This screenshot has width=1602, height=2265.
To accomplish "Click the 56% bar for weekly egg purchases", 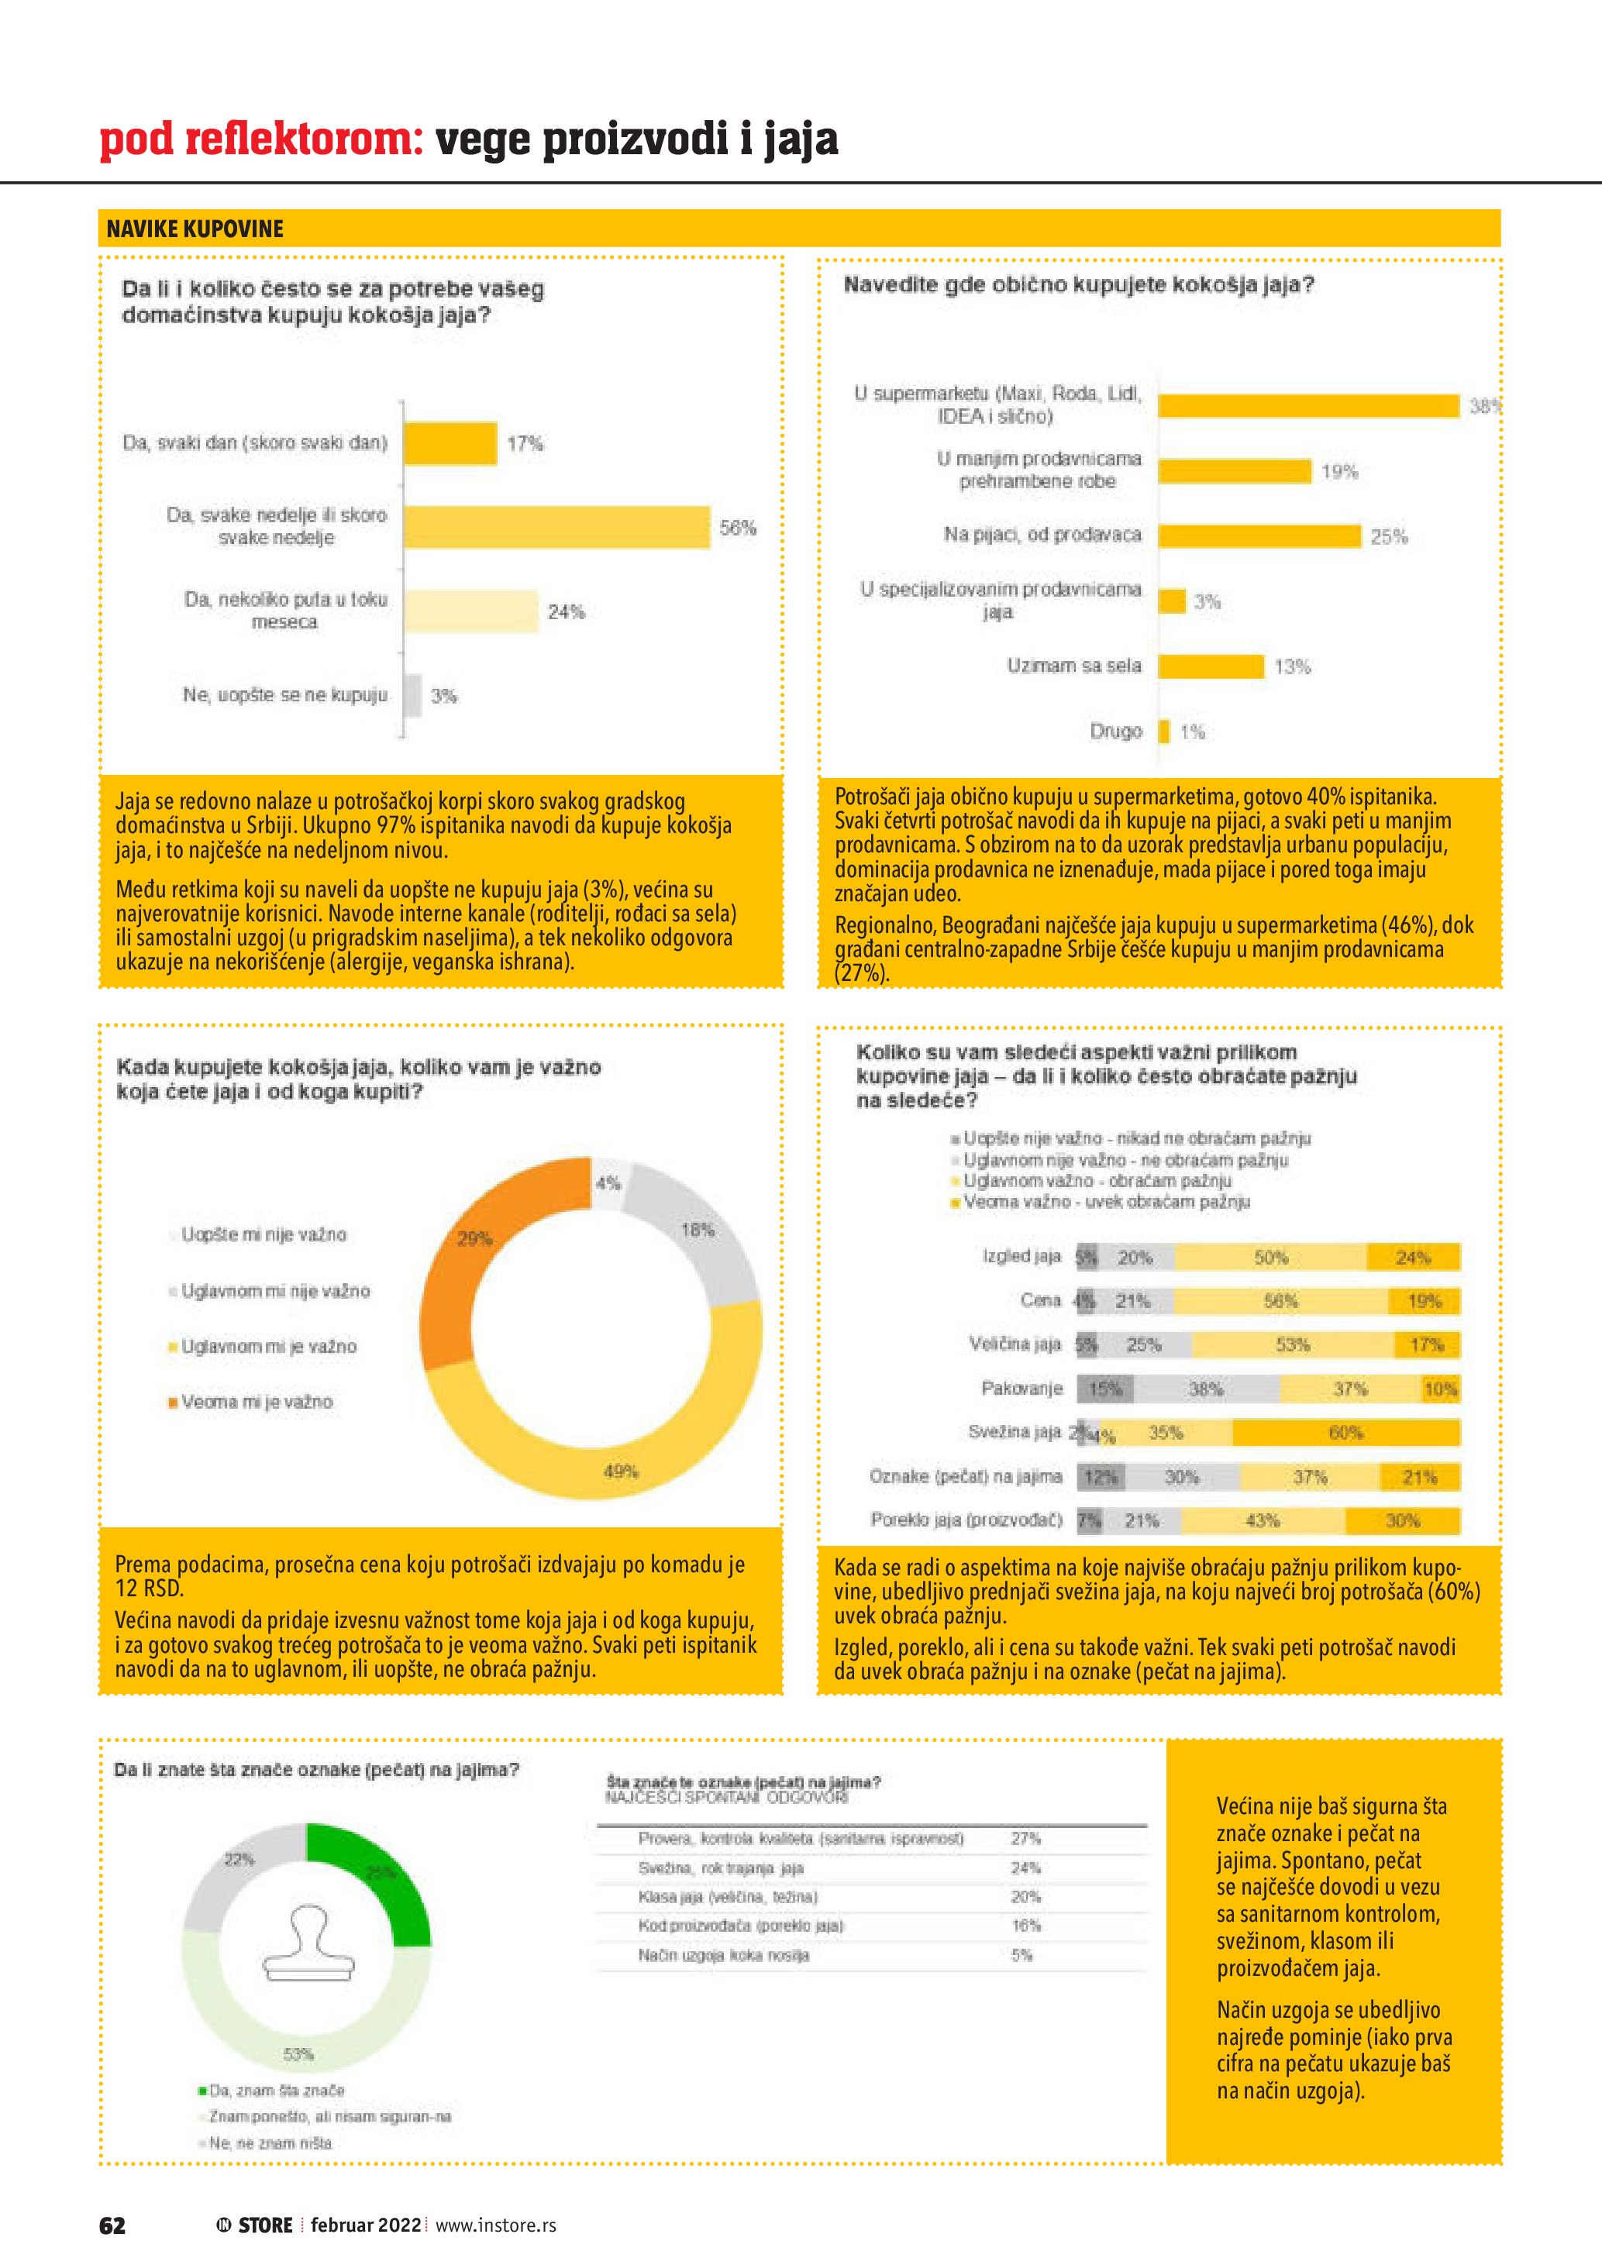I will pyautogui.click(x=556, y=527).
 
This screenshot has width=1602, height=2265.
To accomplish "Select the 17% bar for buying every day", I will pyautogui.click(x=450, y=443).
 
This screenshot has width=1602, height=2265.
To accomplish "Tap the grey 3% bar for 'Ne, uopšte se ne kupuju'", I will pyautogui.click(x=413, y=696).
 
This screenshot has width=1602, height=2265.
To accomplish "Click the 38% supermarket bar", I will pyautogui.click(x=1308, y=405).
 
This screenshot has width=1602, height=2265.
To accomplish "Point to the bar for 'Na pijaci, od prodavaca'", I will pyautogui.click(x=1259, y=535).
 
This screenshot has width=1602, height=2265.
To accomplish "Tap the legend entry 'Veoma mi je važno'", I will pyautogui.click(x=257, y=1402).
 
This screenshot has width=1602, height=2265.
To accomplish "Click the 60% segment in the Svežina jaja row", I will pyautogui.click(x=1345, y=1433).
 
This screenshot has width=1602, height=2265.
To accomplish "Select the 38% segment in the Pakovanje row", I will pyautogui.click(x=1205, y=1389).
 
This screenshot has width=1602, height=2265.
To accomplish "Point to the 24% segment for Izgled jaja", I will pyautogui.click(x=1413, y=1258).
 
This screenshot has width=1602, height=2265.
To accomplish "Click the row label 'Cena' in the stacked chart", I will pyautogui.click(x=1040, y=1300).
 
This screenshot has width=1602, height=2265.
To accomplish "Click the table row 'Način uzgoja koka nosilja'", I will pyautogui.click(x=723, y=1955).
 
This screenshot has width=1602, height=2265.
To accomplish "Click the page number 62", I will pyautogui.click(x=112, y=2225).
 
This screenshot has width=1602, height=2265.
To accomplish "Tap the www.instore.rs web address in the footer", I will pyautogui.click(x=495, y=2225).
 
